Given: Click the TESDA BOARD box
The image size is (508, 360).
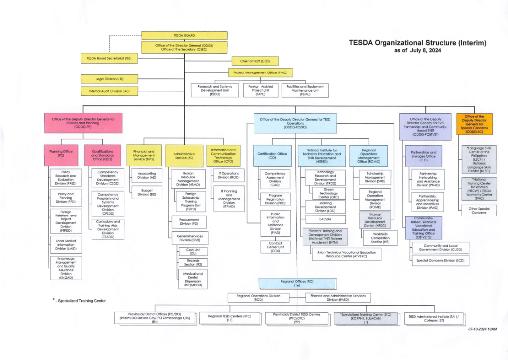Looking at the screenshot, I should coord(184,36).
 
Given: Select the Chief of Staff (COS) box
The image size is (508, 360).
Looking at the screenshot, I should coord(255,61).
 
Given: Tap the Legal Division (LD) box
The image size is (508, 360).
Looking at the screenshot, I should coord(109,79).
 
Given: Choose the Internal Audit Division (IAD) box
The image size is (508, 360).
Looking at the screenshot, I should coord(109,91).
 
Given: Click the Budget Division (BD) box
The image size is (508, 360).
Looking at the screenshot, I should coord(146,192).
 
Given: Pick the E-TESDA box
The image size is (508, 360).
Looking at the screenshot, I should coord(325,219).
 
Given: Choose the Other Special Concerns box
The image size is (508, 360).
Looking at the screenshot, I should coord(478,210).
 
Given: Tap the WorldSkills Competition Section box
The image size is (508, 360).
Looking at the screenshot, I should coord(381,238).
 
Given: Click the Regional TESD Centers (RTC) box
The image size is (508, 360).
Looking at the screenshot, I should coord(230,318).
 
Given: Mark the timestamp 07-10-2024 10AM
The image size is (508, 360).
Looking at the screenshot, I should coord(482,329).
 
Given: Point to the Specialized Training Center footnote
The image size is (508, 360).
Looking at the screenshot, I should coord(79,301).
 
